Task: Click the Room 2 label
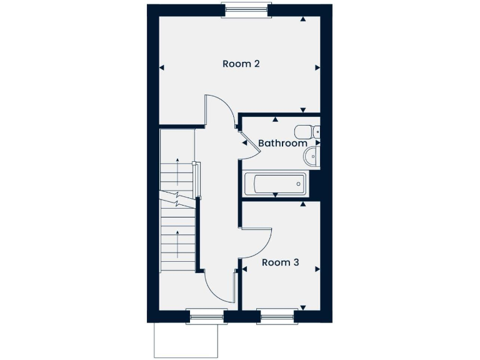(241, 64)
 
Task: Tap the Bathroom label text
(282, 143)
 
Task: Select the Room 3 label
(280, 262)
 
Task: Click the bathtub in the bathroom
(276, 184)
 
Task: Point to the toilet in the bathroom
(306, 132)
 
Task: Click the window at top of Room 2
(246, 9)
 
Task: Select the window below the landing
(205, 317)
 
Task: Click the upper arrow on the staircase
(178, 171)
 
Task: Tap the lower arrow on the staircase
(178, 244)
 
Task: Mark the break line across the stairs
(179, 201)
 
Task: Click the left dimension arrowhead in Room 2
(162, 67)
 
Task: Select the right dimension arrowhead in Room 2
(317, 67)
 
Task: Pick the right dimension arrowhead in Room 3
(317, 269)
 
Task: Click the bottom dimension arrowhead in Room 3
(303, 307)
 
